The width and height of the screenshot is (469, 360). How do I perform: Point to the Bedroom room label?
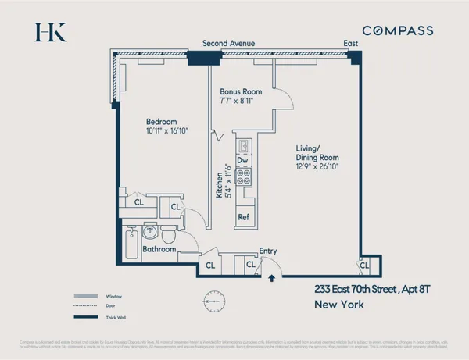[162, 122]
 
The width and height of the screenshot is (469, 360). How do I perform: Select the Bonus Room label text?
[240, 91]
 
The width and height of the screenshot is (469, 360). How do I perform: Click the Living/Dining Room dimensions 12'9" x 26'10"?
[317, 166]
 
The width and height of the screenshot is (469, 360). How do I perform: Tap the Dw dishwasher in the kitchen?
[242, 160]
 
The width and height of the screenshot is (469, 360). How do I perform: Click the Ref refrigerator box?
[243, 216]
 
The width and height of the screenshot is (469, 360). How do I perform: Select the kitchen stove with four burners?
[243, 177]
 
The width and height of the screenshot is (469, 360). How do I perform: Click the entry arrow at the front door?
[271, 276]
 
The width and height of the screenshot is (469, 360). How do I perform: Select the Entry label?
[268, 251]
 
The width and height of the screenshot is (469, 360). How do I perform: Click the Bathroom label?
[159, 250]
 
